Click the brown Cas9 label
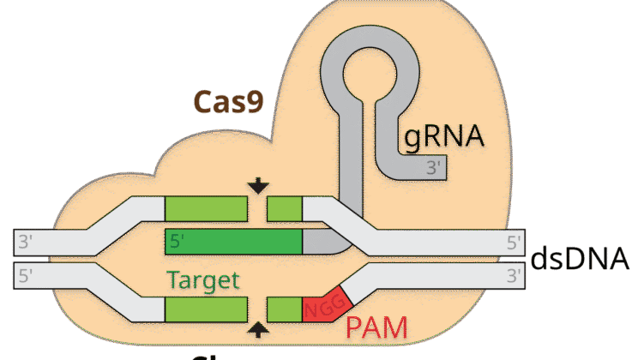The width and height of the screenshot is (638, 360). coord(227,101)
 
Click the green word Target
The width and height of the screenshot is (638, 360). coord(203,280)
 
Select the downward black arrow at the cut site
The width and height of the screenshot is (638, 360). coord(256,186)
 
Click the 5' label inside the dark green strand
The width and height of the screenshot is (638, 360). coord(178,242)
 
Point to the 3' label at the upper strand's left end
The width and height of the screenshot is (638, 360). coord(26,242)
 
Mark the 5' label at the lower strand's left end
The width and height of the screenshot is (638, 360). coord(26,276)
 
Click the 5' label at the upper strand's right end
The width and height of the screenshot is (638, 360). coord(514,242)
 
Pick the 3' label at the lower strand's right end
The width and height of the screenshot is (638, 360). coord(514,276)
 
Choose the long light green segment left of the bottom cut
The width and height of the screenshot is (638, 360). coord(206,309)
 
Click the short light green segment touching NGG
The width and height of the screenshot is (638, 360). coord(285,309)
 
